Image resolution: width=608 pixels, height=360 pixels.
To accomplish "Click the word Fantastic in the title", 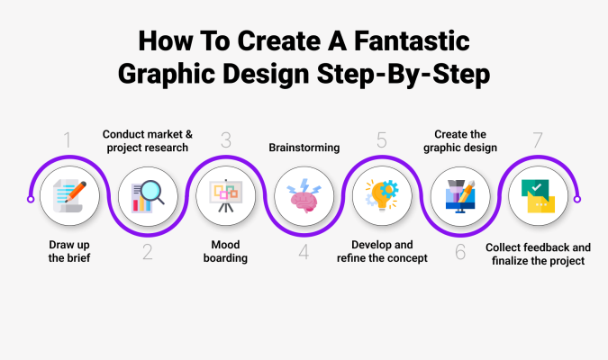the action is click(412, 40).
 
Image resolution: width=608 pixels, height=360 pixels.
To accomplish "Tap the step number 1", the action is click(68, 139).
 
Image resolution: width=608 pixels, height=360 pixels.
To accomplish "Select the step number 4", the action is click(304, 252).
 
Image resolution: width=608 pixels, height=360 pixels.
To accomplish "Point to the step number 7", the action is click(538, 139).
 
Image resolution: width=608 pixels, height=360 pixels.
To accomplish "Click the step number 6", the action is click(460, 252).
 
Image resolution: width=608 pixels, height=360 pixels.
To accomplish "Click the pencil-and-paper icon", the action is click(69, 195).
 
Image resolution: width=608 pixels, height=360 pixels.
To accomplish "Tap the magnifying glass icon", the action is click(148, 196).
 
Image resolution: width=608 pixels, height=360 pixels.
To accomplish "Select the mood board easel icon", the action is click(226, 195).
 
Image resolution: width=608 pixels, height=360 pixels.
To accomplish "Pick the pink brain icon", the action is click(304, 195).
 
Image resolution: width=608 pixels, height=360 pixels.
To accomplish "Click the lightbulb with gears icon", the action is click(382, 195).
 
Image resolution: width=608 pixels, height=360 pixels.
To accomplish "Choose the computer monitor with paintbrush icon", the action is click(460, 196).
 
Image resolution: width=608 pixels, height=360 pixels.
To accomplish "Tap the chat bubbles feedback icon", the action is click(538, 196).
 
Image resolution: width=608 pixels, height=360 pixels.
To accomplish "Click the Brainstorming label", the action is click(304, 148).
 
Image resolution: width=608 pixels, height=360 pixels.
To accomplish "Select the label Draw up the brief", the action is click(69, 251).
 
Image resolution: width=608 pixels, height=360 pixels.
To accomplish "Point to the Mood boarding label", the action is click(225, 251).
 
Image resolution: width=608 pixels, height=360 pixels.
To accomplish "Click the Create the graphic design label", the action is click(460, 141).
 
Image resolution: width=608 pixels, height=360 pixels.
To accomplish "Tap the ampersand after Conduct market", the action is click(189, 134).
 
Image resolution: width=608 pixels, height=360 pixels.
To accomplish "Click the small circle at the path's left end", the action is click(31, 199).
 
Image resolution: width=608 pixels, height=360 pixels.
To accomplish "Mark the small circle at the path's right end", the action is click(577, 199).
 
